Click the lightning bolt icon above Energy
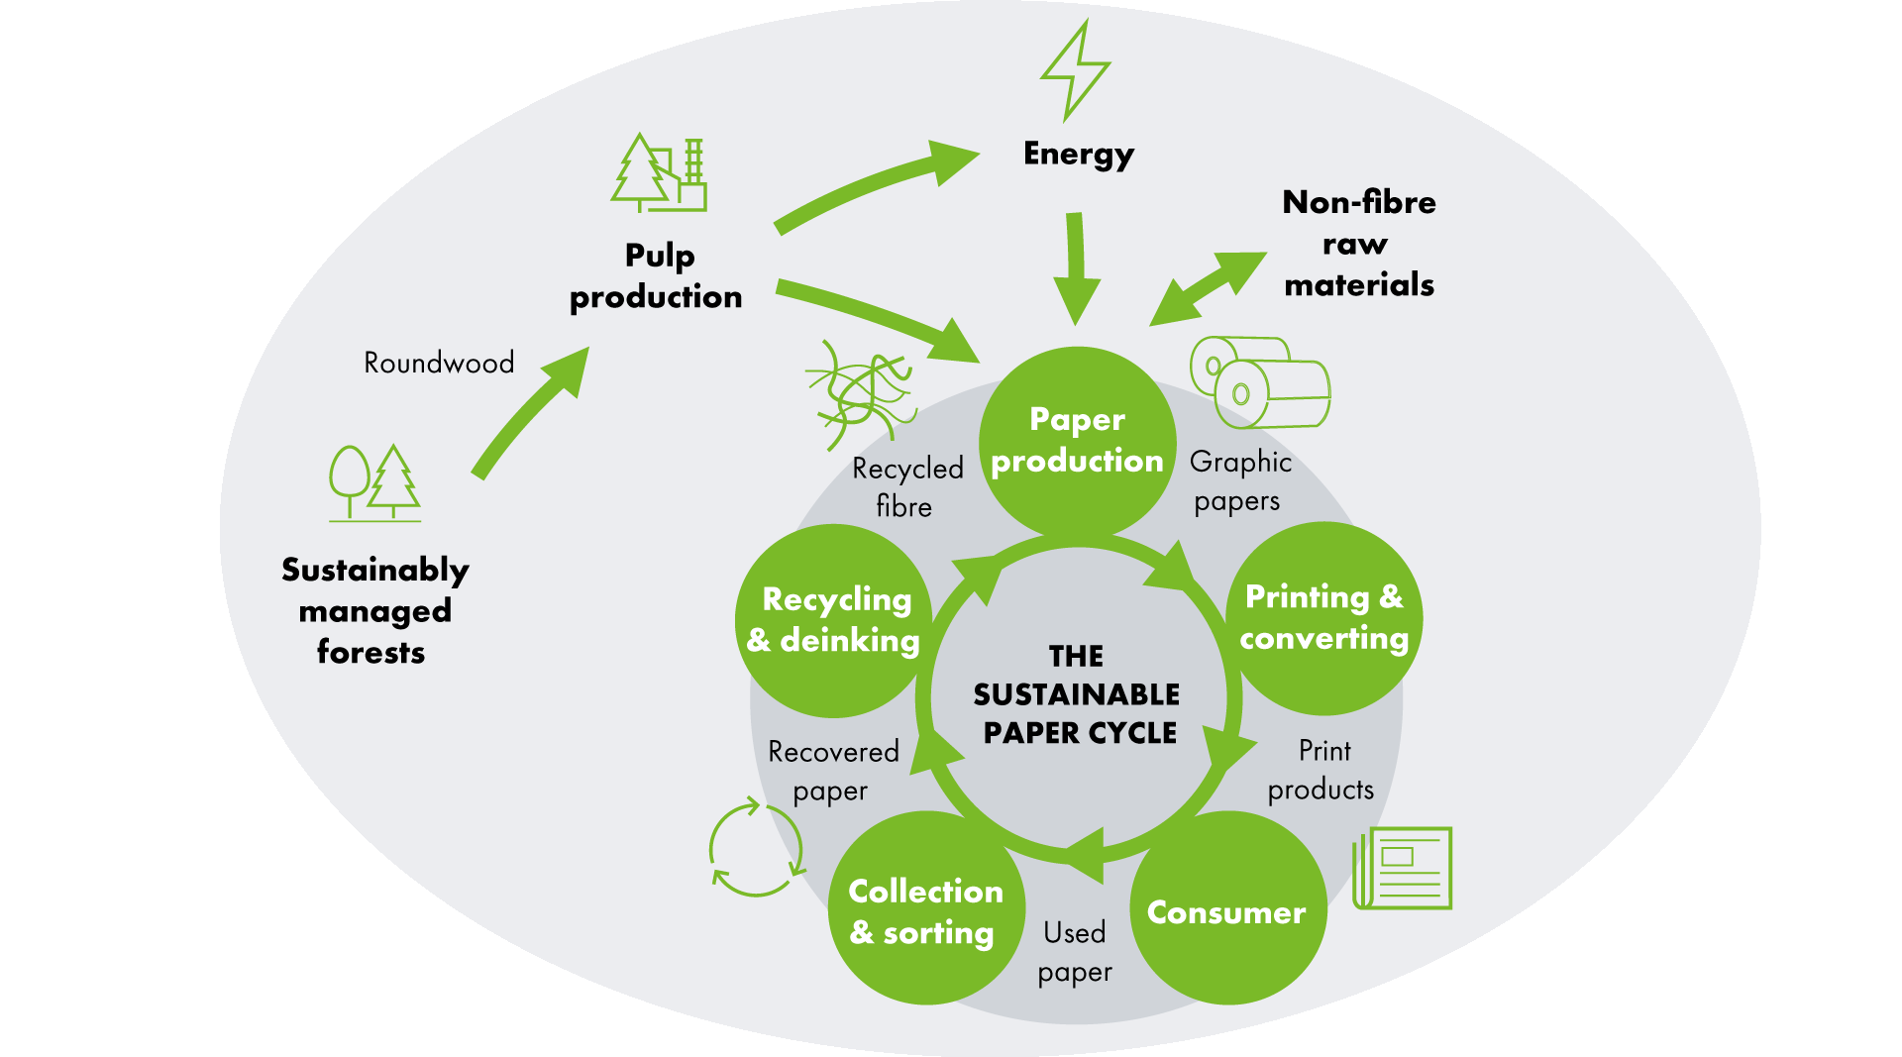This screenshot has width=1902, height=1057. pyautogui.click(x=1075, y=69)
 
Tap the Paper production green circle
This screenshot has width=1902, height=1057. pyautogui.click(x=1077, y=442)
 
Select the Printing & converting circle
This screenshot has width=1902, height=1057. pyautogui.click(x=1324, y=618)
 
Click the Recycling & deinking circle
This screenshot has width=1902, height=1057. pyautogui.click(x=834, y=620)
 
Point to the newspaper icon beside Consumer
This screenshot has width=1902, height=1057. pyautogui.click(x=1403, y=868)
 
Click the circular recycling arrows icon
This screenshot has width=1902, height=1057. pyautogui.click(x=756, y=849)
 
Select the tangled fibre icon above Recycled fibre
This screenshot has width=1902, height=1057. pyautogui.click(x=858, y=390)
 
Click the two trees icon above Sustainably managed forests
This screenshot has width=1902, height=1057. pyautogui.click(x=375, y=482)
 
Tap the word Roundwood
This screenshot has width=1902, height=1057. pyautogui.click(x=439, y=363)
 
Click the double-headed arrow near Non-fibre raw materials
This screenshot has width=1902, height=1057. pyautogui.click(x=1209, y=288)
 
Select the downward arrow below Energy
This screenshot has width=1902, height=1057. pyautogui.click(x=1076, y=267)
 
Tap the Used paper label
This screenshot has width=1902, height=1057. pyautogui.click(x=1075, y=952)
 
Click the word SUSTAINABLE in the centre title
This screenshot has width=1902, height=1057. pyautogui.click(x=1077, y=694)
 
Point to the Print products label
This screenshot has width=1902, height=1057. pyautogui.click(x=1321, y=770)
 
